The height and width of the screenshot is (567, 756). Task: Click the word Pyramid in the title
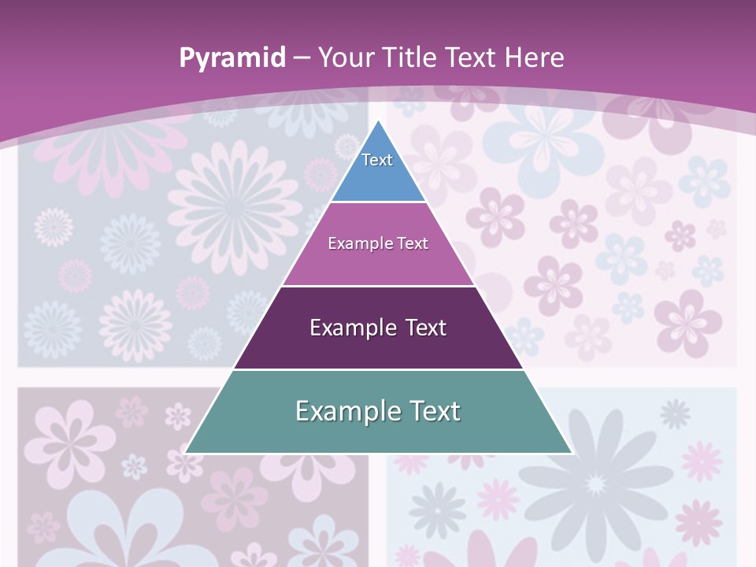(x=232, y=58)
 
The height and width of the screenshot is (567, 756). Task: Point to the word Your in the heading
(x=346, y=57)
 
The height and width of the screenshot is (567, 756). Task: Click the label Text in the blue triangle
(x=377, y=160)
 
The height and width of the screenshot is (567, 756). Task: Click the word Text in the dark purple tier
(x=422, y=328)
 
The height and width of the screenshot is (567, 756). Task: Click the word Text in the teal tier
(x=432, y=411)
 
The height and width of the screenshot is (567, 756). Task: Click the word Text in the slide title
(x=472, y=57)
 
